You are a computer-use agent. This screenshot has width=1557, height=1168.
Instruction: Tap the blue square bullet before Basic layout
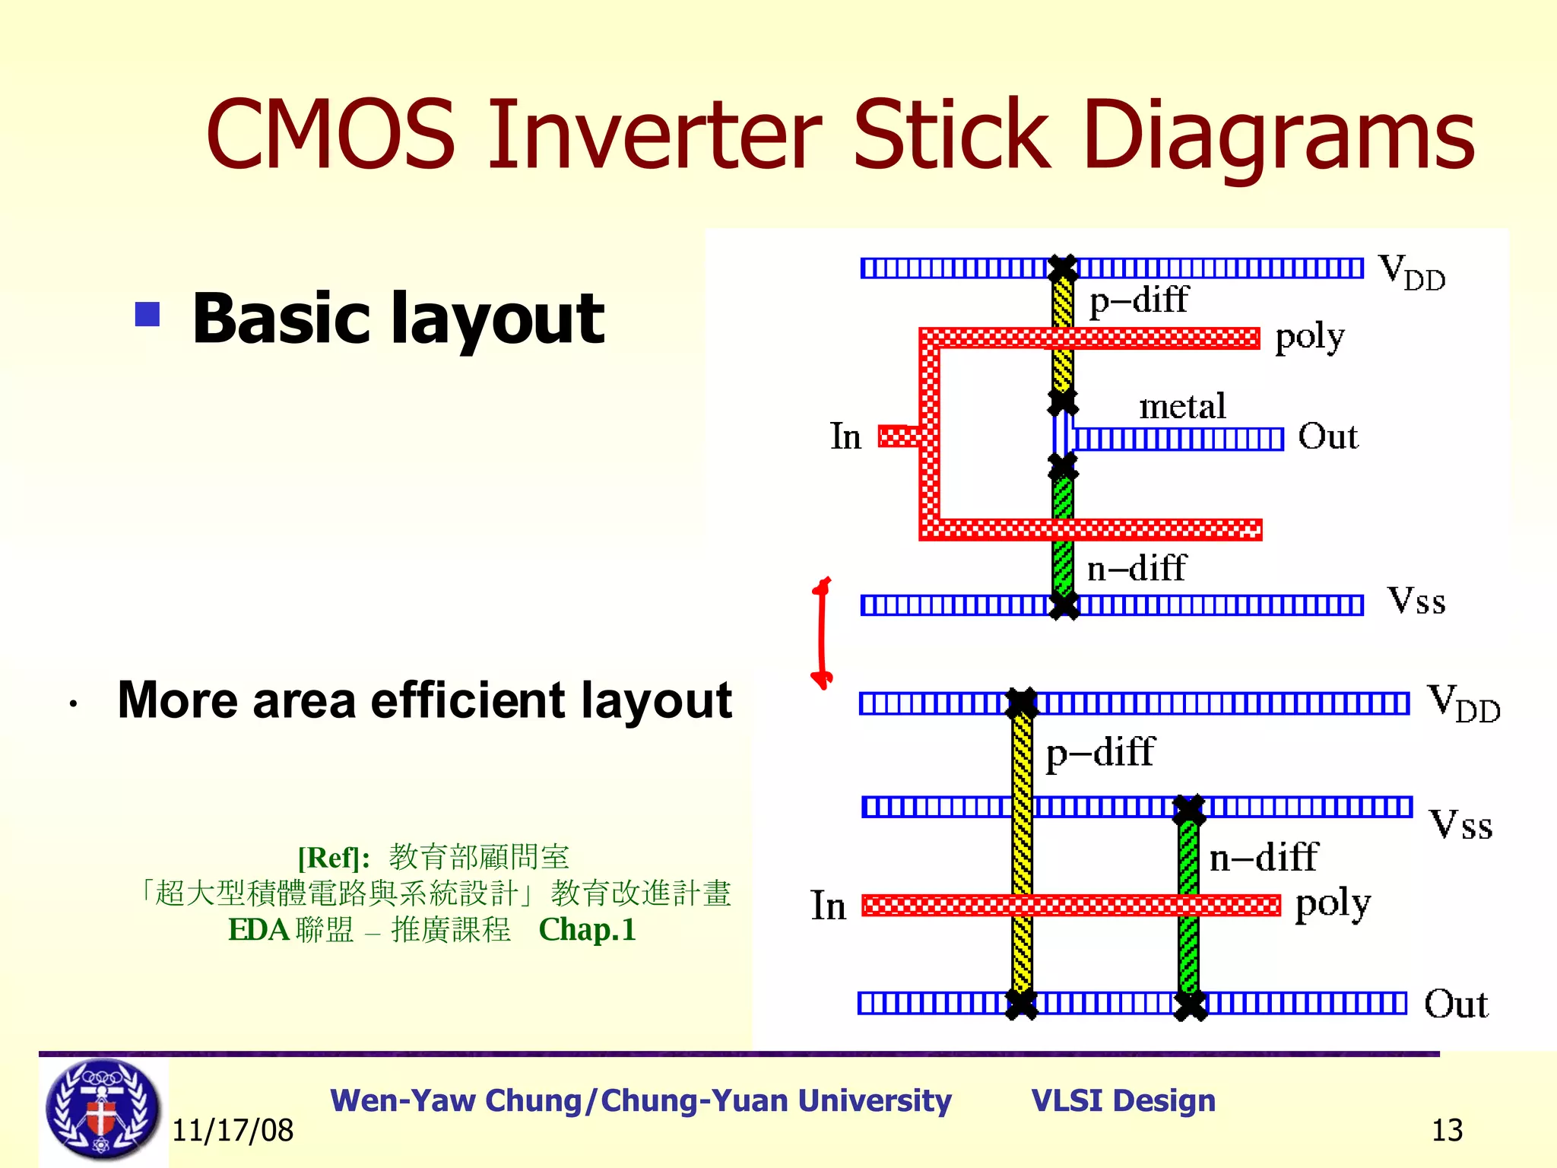click(x=147, y=314)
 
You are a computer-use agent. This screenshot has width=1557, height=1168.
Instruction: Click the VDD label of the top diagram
click(x=1411, y=271)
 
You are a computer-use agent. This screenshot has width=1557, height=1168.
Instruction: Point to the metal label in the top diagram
click(x=1182, y=406)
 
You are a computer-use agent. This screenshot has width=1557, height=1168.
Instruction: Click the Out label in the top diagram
click(x=1327, y=436)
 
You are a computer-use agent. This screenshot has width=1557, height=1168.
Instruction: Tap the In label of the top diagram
click(x=845, y=436)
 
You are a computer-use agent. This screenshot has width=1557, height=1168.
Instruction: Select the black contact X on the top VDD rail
click(x=1062, y=268)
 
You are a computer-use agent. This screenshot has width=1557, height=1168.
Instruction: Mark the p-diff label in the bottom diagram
click(x=1100, y=753)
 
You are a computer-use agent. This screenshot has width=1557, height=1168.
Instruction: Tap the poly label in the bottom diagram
click(x=1333, y=904)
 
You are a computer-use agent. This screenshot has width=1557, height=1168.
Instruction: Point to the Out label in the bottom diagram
click(x=1455, y=1004)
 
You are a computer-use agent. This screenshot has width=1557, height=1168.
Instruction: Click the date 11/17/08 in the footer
click(x=233, y=1131)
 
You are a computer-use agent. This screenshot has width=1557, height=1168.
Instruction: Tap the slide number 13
click(x=1447, y=1131)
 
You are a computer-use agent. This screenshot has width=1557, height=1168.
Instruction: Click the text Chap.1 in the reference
click(x=587, y=930)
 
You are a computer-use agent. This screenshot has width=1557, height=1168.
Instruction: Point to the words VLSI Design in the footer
click(x=1123, y=1100)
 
